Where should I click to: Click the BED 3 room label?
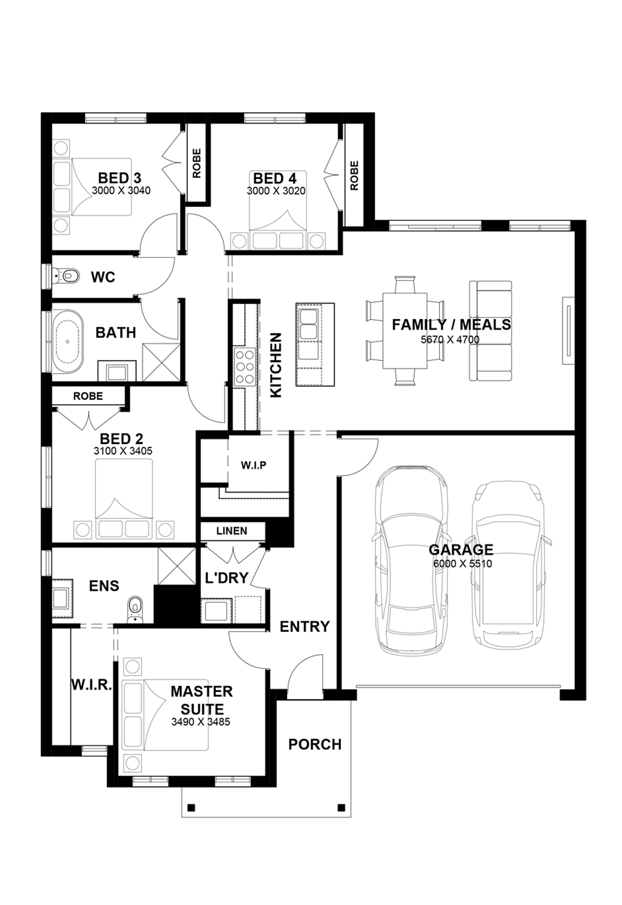coord(120,177)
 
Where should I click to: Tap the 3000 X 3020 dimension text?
coord(276,191)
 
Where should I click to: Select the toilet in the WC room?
coord(67,276)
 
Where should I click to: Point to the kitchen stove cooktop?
coord(245,367)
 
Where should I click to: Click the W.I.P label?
coord(253,465)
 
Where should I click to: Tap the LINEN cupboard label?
coord(232,531)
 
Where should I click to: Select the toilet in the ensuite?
coord(135,609)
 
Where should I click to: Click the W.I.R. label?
coord(91,684)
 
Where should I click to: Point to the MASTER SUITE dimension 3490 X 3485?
coord(200,722)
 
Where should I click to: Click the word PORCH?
coord(315,744)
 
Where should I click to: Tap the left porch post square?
coord(190,808)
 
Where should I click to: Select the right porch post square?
coord(342,808)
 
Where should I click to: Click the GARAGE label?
coord(461,550)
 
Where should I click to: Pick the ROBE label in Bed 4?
coord(354,175)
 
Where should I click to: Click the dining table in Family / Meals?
coord(405,331)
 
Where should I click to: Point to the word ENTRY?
coord(304,626)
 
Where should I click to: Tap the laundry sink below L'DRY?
coord(215,610)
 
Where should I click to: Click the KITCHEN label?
coord(276,365)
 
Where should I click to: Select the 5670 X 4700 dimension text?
coord(450,339)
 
